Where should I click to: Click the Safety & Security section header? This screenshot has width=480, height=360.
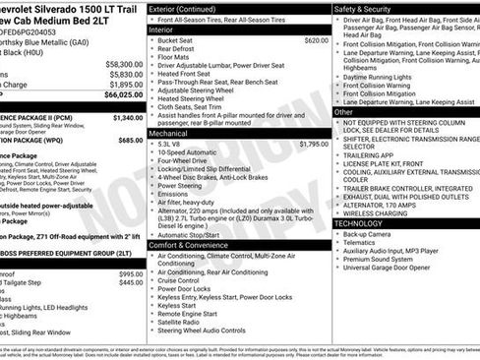(x=368, y=8)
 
